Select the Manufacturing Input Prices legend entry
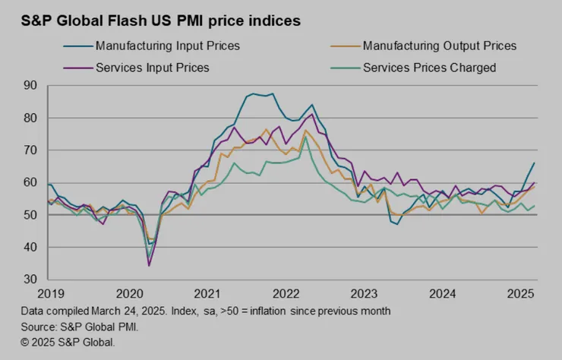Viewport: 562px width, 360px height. [168, 46]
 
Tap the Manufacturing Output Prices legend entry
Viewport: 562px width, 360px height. [439, 46]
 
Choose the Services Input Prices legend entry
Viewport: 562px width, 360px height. [153, 68]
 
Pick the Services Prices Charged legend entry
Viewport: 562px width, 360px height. [429, 68]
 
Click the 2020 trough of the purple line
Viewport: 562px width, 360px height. [149, 265]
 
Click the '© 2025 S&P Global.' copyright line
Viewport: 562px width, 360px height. [69, 343]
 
